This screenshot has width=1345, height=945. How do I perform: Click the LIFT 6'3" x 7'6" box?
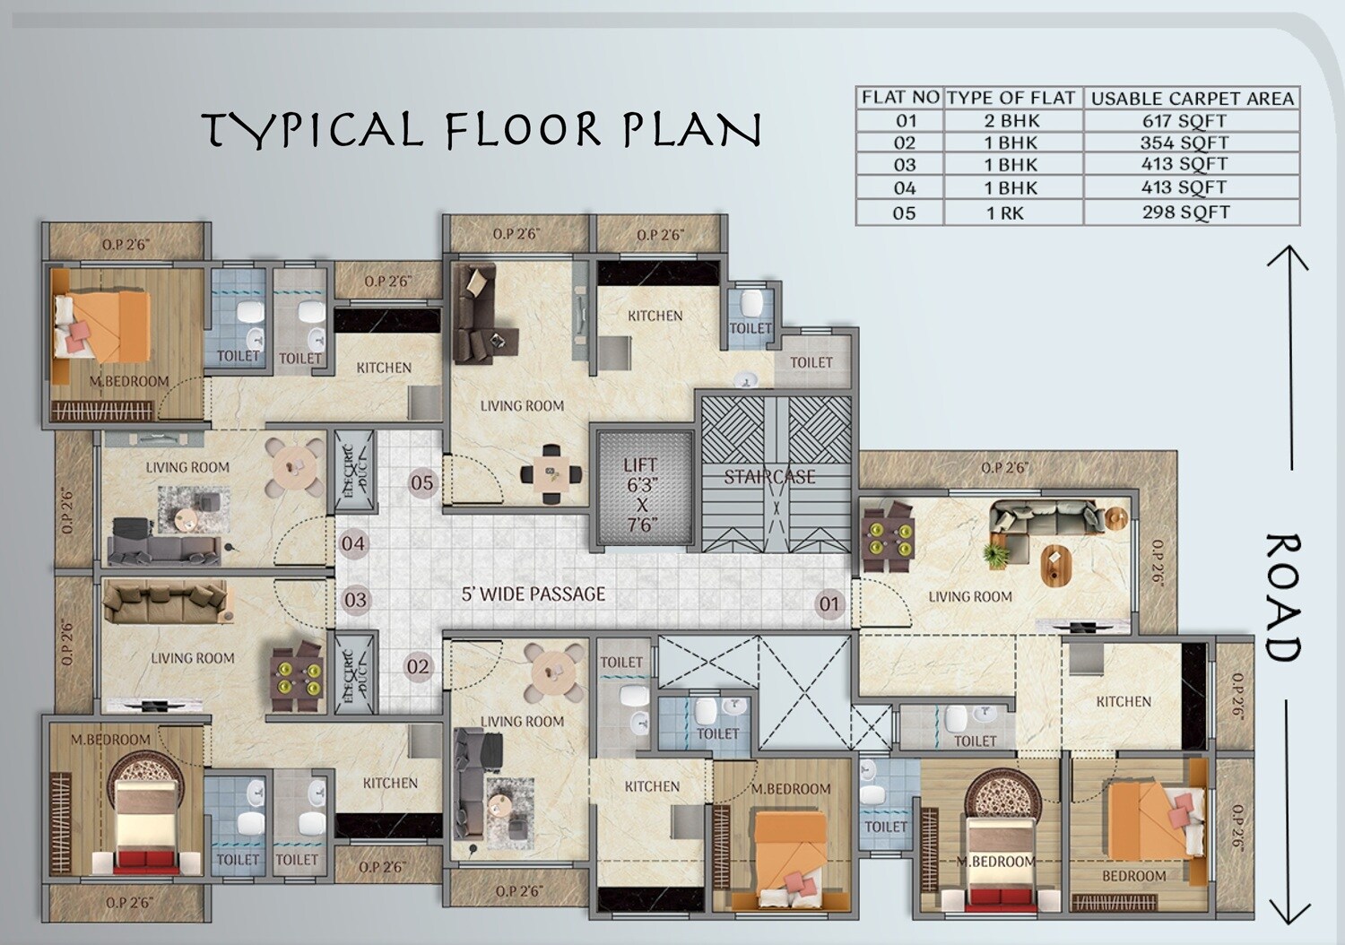[x=641, y=492]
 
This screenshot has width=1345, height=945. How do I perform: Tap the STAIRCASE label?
[x=769, y=477]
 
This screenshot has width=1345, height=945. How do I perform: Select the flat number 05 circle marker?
[x=421, y=483]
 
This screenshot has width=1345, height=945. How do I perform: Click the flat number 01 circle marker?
[x=829, y=603]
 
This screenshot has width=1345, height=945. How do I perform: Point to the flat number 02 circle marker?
[x=418, y=666]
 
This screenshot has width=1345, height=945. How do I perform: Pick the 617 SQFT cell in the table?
[x=1184, y=121]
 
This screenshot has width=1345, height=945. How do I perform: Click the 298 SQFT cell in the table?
[x=1185, y=212]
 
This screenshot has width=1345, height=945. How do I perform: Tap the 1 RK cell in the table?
[x=1004, y=213]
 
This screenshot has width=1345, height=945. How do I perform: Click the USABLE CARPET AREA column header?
[x=1192, y=99]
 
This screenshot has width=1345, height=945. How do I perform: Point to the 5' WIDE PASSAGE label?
[x=534, y=594]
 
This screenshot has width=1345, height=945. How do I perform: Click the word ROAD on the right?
[x=1283, y=597]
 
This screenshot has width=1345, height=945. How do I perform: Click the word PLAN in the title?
[x=691, y=130]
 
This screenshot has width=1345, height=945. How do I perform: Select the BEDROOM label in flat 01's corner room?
[x=1134, y=875]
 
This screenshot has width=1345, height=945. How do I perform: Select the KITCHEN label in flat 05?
[x=655, y=316]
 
